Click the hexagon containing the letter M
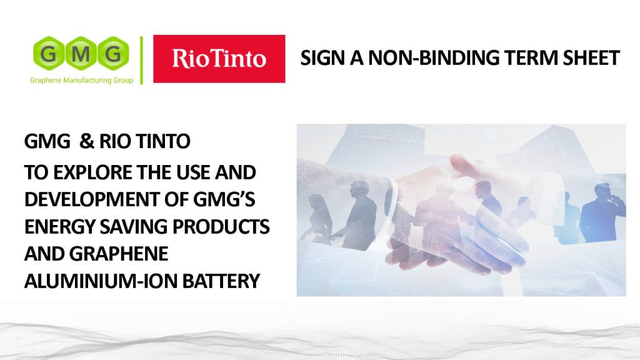pyautogui.click(x=81, y=53)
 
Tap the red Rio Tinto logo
pyautogui.click(x=219, y=59)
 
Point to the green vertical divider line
pyautogui.click(x=142, y=60)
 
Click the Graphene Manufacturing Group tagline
pyautogui.click(x=81, y=81)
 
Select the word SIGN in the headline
pyautogui.click(x=322, y=57)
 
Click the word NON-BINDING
pyautogui.click(x=434, y=57)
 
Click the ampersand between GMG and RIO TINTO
pyautogui.click(x=86, y=141)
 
